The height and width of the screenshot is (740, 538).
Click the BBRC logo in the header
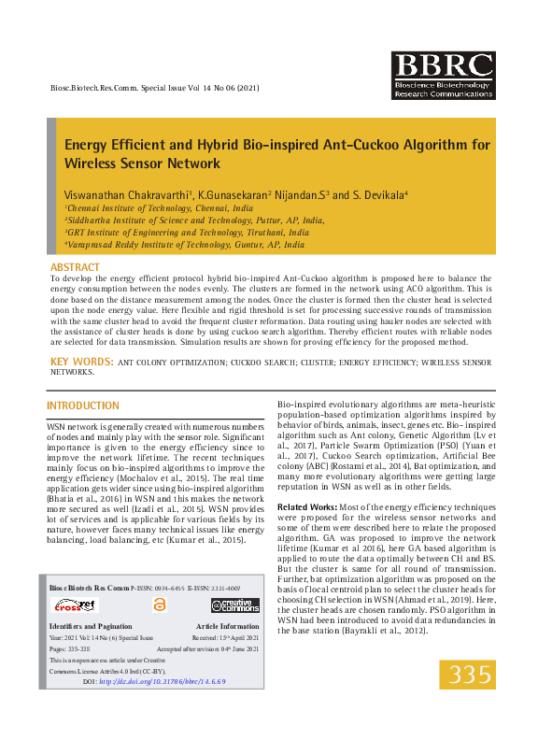[443, 76]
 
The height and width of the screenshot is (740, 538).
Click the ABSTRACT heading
[75, 267]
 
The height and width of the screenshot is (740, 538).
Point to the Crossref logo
[73, 605]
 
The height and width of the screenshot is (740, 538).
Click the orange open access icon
[159, 605]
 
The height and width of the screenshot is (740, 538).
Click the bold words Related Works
[304, 505]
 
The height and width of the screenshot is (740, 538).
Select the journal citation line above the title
[152, 88]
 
